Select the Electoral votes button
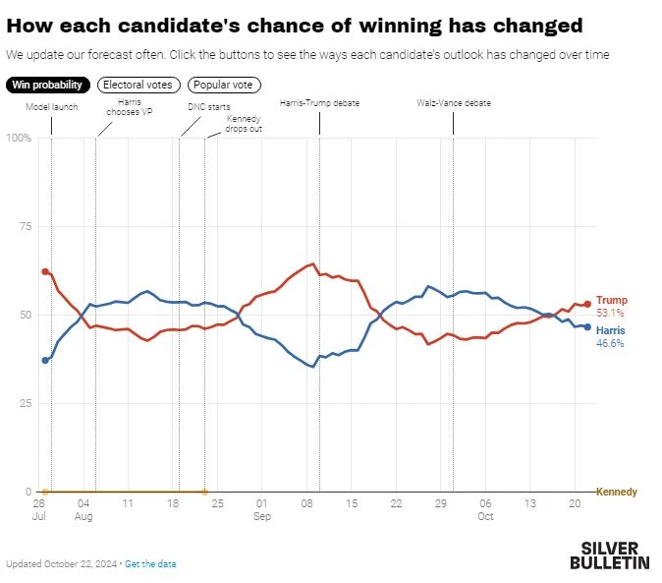tap(138, 86)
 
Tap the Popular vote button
tap(224, 86)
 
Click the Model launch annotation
tap(52, 106)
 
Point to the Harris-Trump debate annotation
tap(319, 102)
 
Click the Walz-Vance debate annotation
tap(453, 102)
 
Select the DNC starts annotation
tap(209, 106)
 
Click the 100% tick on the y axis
tap(18, 138)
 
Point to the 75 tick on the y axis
tap(24, 226)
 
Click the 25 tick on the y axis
tap(24, 403)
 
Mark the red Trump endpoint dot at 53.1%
tap(587, 304)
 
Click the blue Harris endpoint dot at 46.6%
tap(587, 326)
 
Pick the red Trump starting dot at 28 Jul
tap(45, 271)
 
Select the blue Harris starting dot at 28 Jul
tap(45, 360)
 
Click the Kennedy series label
tap(617, 492)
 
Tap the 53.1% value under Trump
tap(611, 313)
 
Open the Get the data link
tap(150, 564)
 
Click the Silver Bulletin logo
tap(609, 555)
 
